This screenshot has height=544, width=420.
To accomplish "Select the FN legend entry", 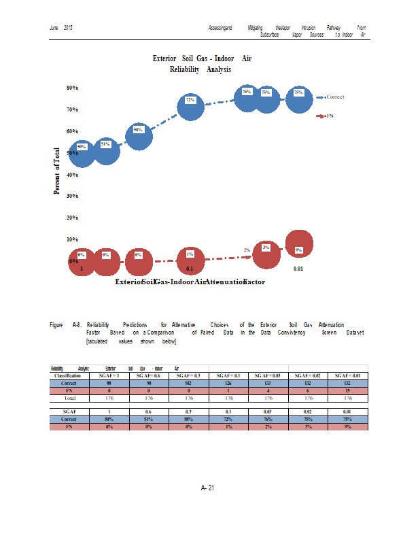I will click(x=330, y=116).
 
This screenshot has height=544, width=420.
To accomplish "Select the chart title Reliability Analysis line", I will click(x=200, y=69).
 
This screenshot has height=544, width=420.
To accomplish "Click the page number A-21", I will click(x=208, y=488).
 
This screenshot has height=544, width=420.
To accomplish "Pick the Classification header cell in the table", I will click(x=68, y=375).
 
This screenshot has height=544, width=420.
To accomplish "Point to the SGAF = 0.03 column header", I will click(x=268, y=375).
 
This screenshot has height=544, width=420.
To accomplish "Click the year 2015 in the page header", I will click(x=68, y=27).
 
